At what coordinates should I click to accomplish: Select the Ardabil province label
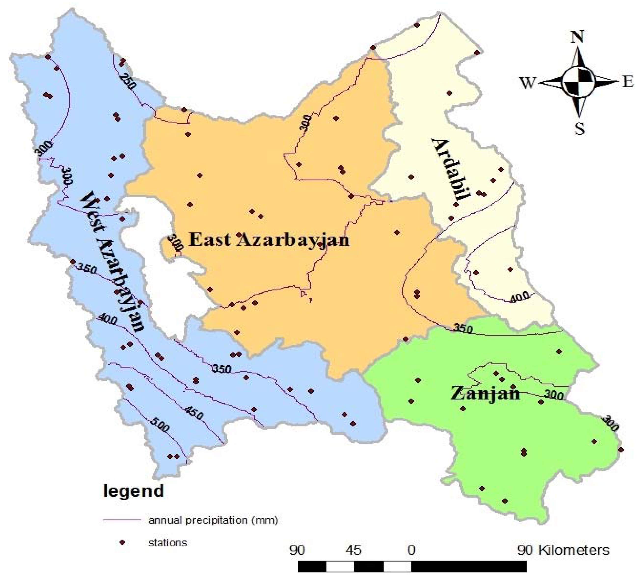[451, 170]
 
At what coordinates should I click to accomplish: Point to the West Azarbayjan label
[113, 262]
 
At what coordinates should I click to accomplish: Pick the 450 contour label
[194, 413]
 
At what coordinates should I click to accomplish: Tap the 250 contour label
[128, 81]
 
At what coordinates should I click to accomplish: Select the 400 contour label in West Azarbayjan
[108, 318]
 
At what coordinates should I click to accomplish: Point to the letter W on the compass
[527, 83]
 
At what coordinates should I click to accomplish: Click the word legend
[134, 491]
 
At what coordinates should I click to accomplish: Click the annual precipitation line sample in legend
[122, 520]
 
